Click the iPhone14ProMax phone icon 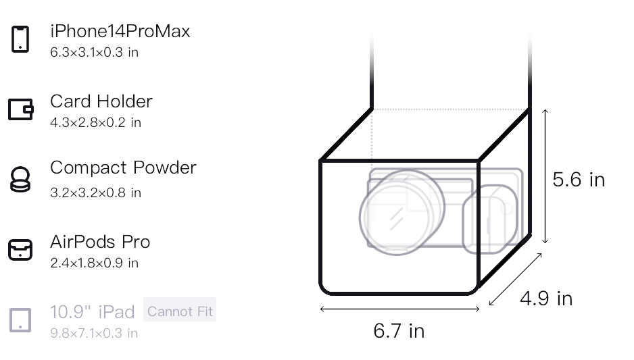pos(20,39)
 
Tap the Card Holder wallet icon pos(21,109)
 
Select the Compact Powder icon pos(20,179)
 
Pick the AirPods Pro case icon pos(20,250)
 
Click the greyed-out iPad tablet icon pos(20,320)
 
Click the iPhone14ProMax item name pos(120,31)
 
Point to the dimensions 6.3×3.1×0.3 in pos(94,52)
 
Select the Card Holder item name pos(101,101)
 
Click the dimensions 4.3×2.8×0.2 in pos(95,122)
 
